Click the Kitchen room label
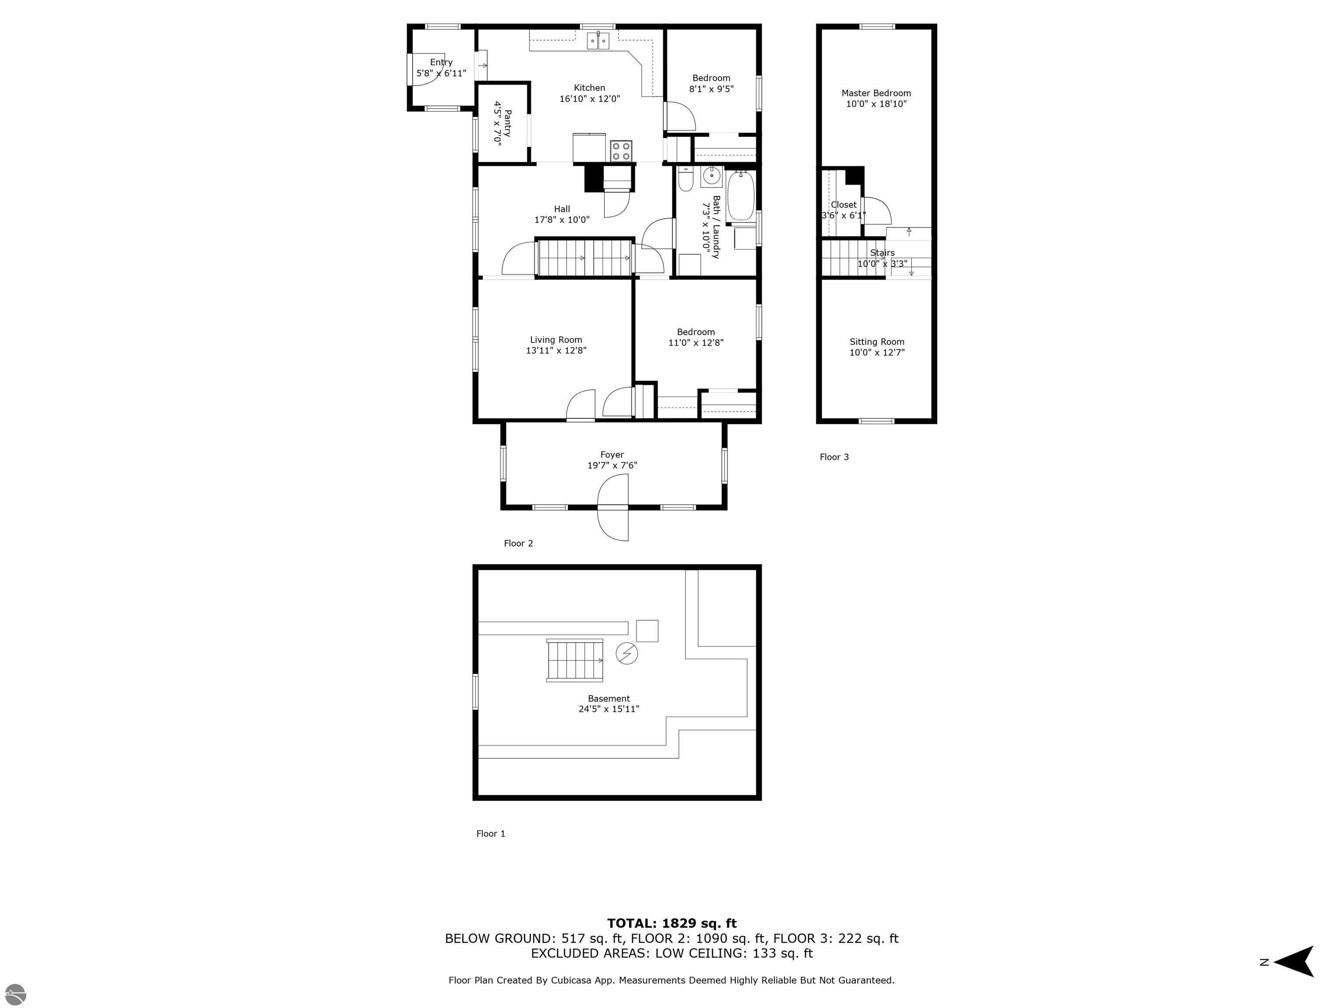589,87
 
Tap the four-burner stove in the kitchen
621,150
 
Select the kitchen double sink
598,41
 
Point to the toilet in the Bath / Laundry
686,179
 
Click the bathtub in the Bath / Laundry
741,195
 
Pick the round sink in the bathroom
711,177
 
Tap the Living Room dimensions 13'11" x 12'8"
556,350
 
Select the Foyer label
612,455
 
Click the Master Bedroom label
876,93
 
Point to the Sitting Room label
877,341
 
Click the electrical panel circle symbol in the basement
627,654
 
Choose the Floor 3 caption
834,457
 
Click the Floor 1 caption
491,833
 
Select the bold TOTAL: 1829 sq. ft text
672,924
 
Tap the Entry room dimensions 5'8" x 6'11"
441,73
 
